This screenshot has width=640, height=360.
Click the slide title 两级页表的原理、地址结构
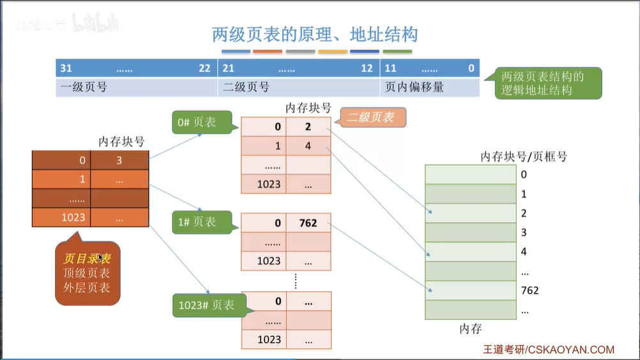[x=315, y=34]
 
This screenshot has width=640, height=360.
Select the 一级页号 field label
[x=84, y=87]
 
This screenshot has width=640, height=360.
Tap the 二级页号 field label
[x=246, y=87]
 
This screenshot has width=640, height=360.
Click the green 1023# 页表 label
[x=204, y=305]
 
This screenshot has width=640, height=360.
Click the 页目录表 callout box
[x=87, y=273]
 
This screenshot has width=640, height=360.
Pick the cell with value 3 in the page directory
[x=119, y=160]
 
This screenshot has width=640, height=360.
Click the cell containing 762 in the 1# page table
[x=308, y=223]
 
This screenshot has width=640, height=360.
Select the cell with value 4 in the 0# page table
[x=308, y=146]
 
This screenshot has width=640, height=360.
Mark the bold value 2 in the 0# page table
[x=308, y=127]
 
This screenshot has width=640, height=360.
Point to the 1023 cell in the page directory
[x=73, y=218]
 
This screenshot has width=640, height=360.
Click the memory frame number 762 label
[x=530, y=290]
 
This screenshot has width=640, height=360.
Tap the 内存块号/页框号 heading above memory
[x=523, y=156]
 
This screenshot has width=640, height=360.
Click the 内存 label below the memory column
[x=470, y=329]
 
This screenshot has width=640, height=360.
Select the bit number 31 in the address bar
[x=66, y=68]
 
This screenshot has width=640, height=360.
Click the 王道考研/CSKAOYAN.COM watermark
[x=548, y=349]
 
